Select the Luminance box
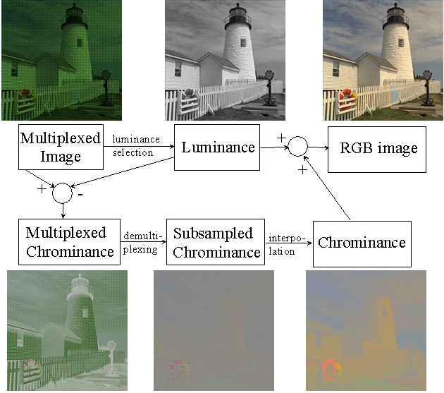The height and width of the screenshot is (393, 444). click(218, 148)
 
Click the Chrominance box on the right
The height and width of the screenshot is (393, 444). click(362, 243)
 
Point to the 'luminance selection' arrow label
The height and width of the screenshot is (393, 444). click(136, 146)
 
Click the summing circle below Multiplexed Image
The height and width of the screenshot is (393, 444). click(64, 191)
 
